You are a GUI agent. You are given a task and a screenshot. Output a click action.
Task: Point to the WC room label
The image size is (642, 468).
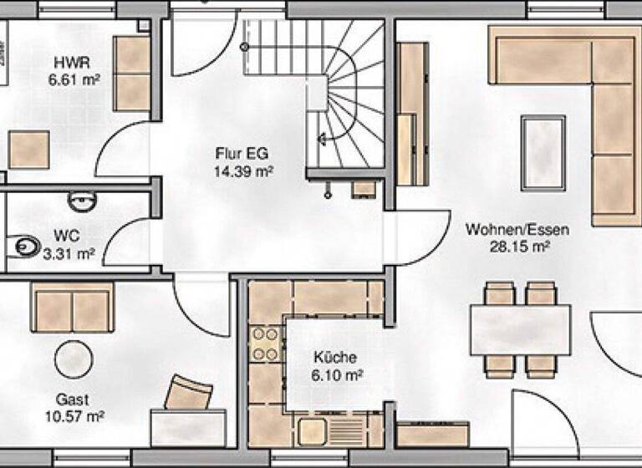[67, 235]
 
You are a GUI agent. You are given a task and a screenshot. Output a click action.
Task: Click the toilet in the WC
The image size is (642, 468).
[27, 246]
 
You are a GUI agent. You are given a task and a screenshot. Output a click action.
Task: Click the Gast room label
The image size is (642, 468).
[73, 399]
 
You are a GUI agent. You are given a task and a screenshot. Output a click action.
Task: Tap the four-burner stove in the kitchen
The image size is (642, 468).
[266, 343]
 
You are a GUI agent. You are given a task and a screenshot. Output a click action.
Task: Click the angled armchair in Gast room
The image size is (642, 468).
[191, 391]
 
